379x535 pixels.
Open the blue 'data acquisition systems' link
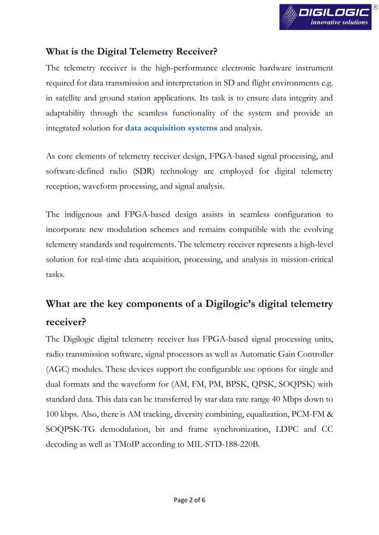171,128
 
